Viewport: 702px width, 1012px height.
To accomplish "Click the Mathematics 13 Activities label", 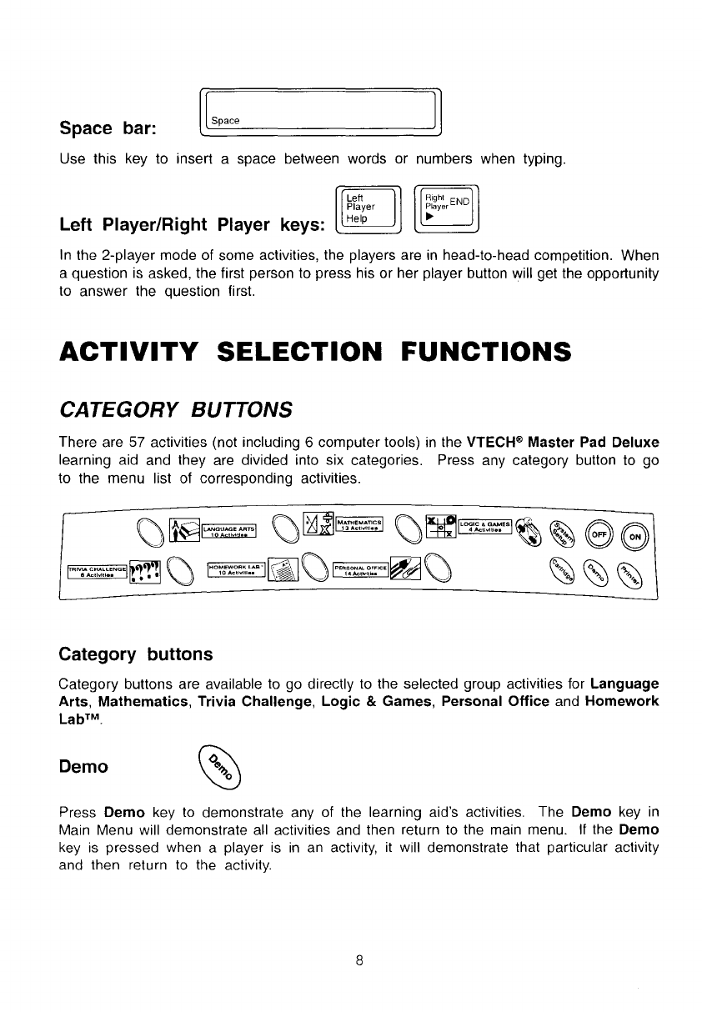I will [x=359, y=526].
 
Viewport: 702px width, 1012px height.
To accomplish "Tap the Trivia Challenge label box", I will [x=97, y=570].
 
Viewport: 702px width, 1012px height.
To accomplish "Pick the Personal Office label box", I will [x=363, y=570].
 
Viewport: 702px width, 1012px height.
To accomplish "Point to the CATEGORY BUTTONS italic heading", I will [x=176, y=408].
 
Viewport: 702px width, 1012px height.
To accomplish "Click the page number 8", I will [x=358, y=959].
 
